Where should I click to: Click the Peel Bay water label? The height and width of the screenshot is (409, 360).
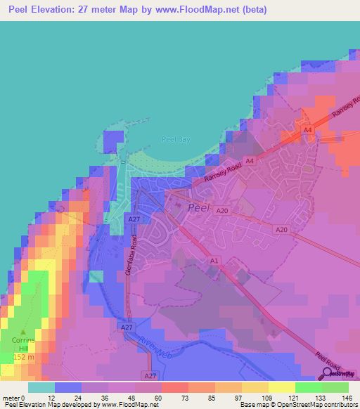tap(176, 139)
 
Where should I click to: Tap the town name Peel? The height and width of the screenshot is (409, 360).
tap(200, 207)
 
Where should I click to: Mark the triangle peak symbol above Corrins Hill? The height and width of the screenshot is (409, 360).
tap(22, 332)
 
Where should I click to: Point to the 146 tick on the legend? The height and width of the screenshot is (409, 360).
tap(348, 398)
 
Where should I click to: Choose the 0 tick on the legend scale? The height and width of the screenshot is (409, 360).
tap(25, 398)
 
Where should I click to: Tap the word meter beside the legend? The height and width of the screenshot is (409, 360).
tap(11, 398)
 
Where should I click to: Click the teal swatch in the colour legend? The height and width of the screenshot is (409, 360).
tap(41, 387)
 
